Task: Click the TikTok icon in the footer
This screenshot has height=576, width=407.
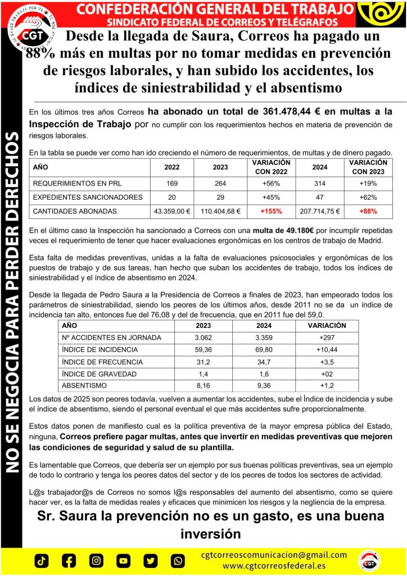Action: (x=42, y=561)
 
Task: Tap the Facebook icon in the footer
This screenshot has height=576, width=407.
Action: (x=69, y=561)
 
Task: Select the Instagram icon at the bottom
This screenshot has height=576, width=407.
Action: (x=97, y=561)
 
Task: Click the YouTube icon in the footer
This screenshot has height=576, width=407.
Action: (x=124, y=561)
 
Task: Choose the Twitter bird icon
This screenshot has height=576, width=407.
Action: (x=151, y=561)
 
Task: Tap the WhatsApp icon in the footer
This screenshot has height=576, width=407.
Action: (x=178, y=561)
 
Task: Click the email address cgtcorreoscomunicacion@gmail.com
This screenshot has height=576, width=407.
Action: (x=274, y=555)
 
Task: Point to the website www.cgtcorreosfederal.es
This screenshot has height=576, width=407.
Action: (x=274, y=565)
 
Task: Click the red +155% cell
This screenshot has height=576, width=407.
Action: (x=272, y=211)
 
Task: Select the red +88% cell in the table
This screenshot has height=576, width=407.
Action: (x=368, y=211)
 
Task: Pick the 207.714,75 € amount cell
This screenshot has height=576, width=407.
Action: (x=320, y=211)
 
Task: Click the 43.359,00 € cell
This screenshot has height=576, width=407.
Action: (x=172, y=211)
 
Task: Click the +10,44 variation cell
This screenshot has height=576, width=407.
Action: (x=327, y=349)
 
